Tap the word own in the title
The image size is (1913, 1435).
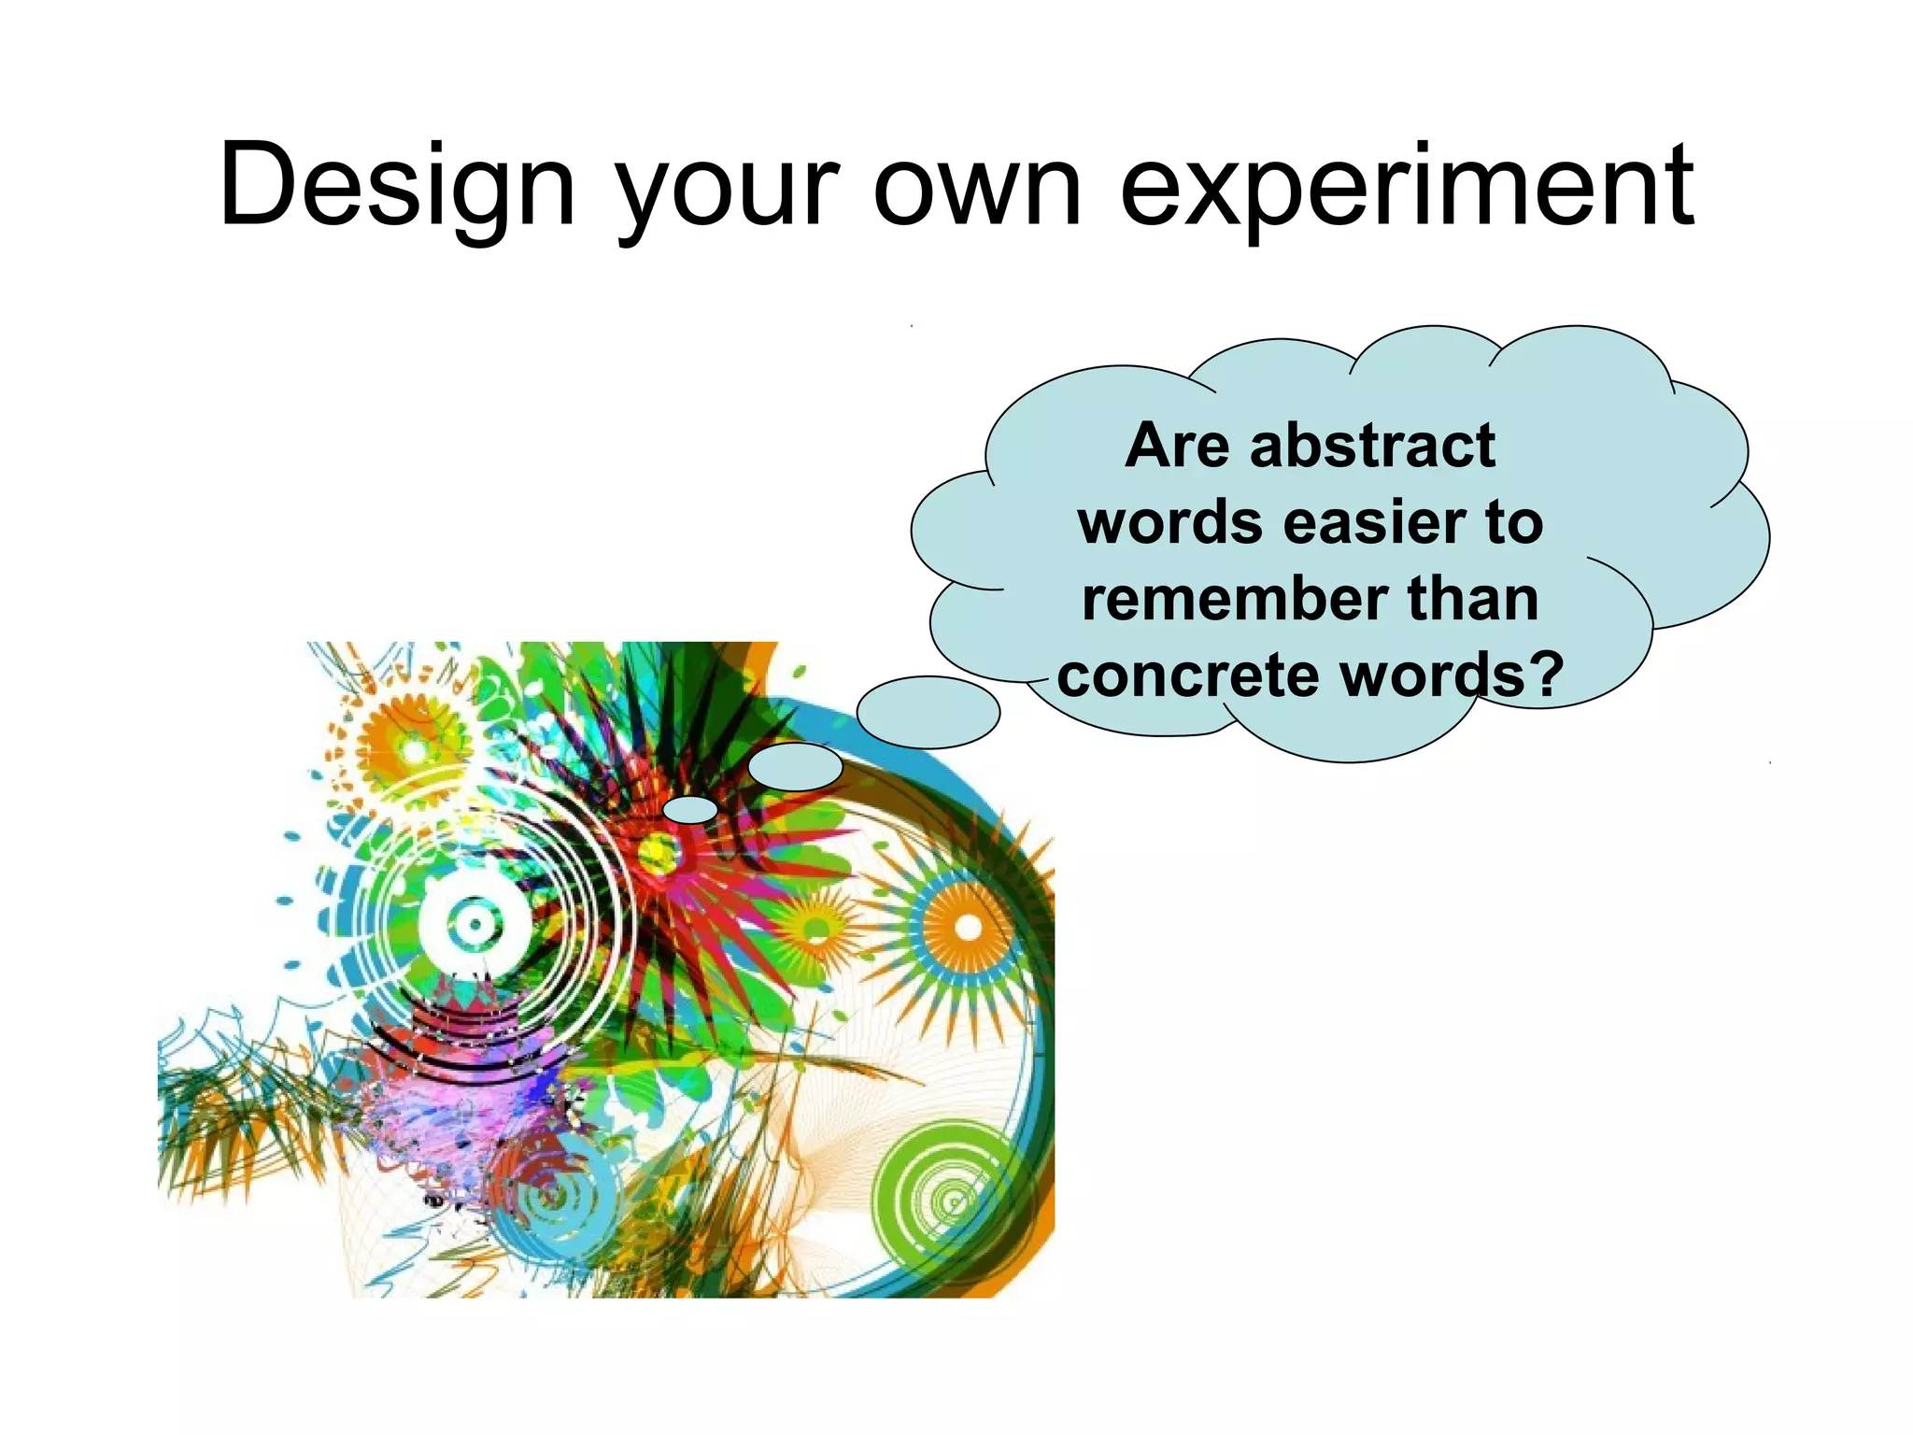[977, 187]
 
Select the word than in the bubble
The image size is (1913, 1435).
[1472, 599]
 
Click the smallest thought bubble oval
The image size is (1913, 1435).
[690, 810]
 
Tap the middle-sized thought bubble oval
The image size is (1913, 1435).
[795, 767]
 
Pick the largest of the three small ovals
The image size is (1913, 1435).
[928, 713]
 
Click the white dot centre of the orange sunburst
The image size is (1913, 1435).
[968, 928]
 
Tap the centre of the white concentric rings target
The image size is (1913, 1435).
[475, 925]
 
